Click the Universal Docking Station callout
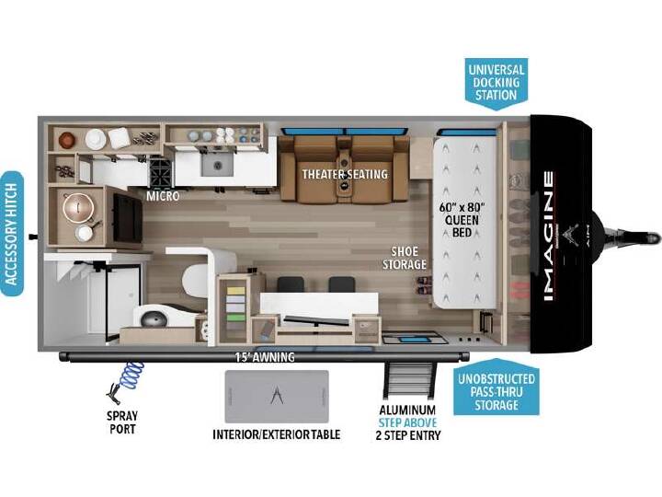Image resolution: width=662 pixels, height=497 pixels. click(496, 83)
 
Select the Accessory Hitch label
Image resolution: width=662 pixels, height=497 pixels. click(12, 234)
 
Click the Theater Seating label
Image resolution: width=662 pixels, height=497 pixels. click(345, 174)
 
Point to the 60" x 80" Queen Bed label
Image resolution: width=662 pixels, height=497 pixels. click(462, 220)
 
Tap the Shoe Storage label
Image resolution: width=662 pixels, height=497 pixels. click(404, 258)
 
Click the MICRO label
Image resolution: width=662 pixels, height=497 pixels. click(163, 196)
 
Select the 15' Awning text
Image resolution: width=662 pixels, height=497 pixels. click(265, 357)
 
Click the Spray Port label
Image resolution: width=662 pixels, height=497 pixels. click(122, 422)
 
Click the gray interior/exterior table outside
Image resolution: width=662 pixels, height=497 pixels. click(277, 397)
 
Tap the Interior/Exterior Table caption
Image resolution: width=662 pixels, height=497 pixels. click(277, 434)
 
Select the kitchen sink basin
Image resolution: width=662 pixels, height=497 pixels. click(217, 164)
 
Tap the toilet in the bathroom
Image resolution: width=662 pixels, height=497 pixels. click(195, 280)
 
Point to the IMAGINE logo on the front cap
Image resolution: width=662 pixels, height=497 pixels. click(548, 236)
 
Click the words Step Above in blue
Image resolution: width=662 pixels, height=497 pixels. click(407, 422)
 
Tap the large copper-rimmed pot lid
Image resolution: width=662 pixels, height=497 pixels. click(78, 207)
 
